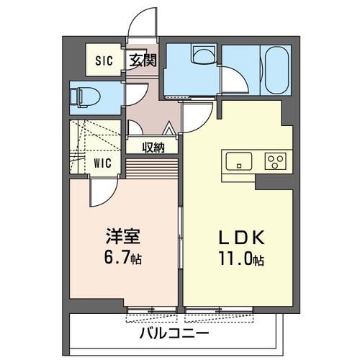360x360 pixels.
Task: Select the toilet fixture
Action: click(x=86, y=94)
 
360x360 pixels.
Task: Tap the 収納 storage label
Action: click(x=153, y=147)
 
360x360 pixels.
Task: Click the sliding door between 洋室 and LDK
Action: click(x=179, y=245)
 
